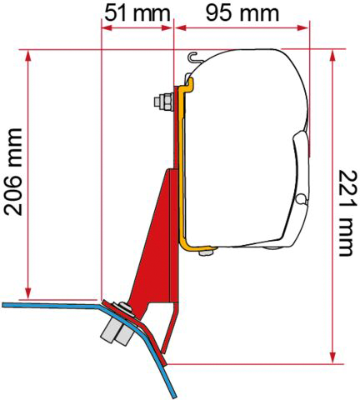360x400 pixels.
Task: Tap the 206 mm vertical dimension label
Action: tap(14, 172)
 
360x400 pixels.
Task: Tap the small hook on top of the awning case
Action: tap(194, 58)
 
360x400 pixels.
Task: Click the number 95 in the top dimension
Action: tap(220, 13)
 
